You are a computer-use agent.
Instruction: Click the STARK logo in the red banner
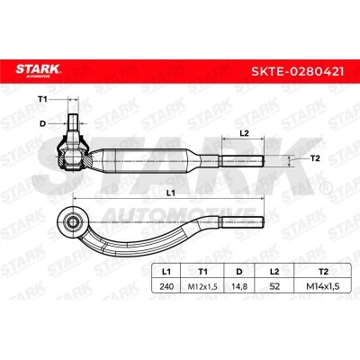(39, 71)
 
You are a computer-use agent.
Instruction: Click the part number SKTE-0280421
(298, 72)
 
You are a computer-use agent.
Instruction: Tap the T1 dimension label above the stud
(42, 99)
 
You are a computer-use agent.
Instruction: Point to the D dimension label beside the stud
(42, 123)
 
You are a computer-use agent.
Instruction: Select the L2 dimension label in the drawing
(245, 134)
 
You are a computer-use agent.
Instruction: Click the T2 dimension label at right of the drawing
(315, 158)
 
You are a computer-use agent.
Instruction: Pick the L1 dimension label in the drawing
(171, 193)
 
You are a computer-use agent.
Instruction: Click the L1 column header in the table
(166, 272)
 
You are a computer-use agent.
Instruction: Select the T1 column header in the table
(202, 272)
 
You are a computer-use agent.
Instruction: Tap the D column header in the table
(239, 272)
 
